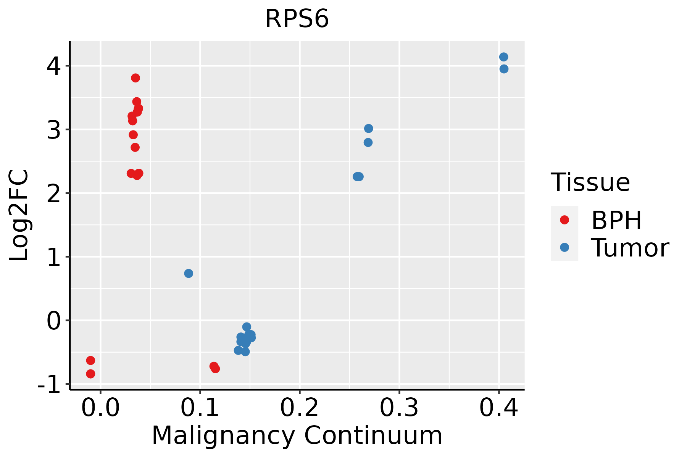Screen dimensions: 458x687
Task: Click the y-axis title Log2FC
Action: pyautogui.click(x=19, y=216)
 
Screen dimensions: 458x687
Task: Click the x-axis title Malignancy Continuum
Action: pyautogui.click(x=297, y=435)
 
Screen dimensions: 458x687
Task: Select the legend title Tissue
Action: pyautogui.click(x=590, y=182)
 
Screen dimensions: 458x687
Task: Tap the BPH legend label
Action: pyautogui.click(x=616, y=220)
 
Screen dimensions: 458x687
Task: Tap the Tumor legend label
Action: pyautogui.click(x=630, y=248)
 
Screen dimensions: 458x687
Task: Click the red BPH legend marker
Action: pyautogui.click(x=564, y=220)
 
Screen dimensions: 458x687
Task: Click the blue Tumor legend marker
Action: pyautogui.click(x=564, y=247)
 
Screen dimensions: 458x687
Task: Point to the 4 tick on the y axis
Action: pyautogui.click(x=53, y=66)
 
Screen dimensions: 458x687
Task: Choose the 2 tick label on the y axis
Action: pyautogui.click(x=53, y=194)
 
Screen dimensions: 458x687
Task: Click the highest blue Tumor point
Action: pyautogui.click(x=503, y=57)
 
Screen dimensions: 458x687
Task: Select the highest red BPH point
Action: pyautogui.click(x=135, y=78)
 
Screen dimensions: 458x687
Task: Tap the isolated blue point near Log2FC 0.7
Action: pyautogui.click(x=189, y=273)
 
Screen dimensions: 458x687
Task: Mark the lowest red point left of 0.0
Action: pyautogui.click(x=90, y=374)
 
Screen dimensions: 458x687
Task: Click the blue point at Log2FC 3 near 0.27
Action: pyautogui.click(x=368, y=128)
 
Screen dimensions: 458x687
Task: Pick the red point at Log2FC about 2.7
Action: pyautogui.click(x=135, y=147)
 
